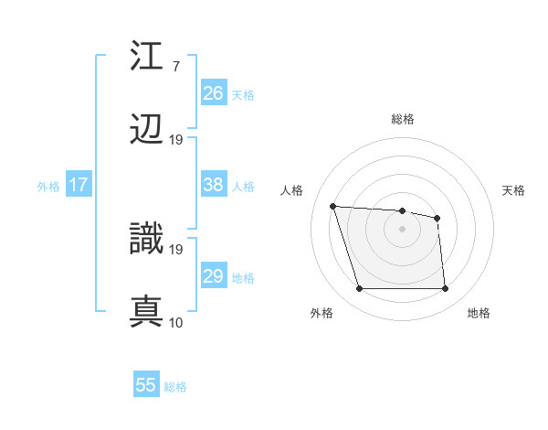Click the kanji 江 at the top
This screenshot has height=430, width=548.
147,56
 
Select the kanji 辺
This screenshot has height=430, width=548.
147,131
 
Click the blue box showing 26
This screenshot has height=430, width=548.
214,92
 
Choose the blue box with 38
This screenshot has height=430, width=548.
214,185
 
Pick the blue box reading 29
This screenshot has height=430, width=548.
214,276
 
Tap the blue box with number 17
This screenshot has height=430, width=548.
79,185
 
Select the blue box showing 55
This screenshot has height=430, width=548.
146,385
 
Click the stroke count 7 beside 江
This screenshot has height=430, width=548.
175,66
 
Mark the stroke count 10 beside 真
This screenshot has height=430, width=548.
176,322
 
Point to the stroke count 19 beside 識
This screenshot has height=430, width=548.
176,249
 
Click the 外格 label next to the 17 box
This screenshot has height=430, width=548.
48,186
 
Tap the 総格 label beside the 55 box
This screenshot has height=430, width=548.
175,387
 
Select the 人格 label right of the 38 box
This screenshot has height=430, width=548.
243,186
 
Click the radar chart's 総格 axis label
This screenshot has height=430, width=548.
402,119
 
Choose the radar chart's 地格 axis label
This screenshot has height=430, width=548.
479,314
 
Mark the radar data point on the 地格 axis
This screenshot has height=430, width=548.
445,289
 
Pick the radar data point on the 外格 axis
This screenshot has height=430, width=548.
359,289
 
